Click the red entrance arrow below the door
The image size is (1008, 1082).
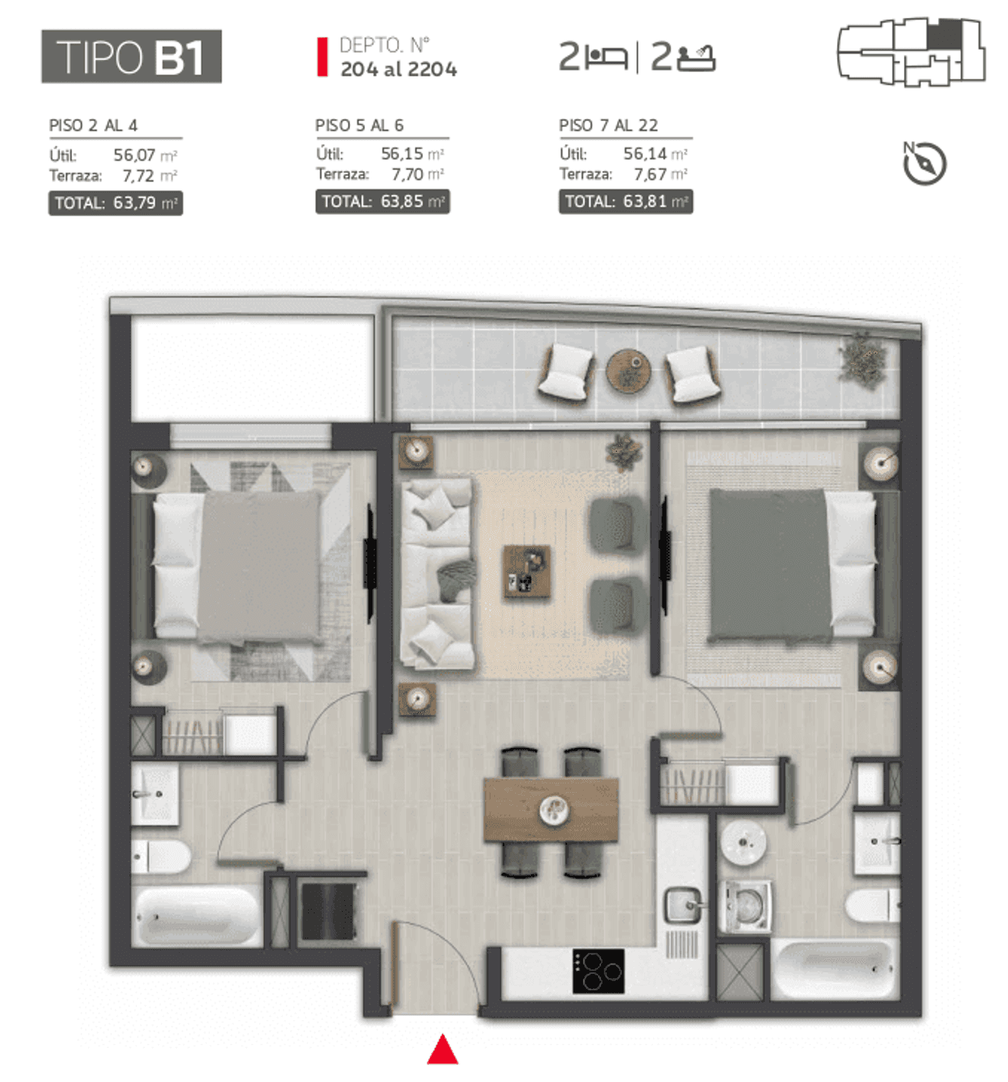pos(442,1049)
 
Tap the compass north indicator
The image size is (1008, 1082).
pos(923,162)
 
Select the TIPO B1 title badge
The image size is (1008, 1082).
pos(131,56)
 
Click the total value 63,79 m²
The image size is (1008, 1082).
pos(145,203)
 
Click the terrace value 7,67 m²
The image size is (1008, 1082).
pos(659,175)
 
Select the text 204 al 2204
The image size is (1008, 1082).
pos(398,69)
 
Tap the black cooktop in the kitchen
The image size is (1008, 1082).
pos(598,970)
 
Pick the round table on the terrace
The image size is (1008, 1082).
pos(628,370)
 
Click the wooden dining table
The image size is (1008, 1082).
pos(551,809)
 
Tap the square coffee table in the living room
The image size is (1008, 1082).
pos(526,571)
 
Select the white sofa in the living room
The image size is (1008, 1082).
pos(436,573)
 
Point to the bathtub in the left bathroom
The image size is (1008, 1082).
pos(197,915)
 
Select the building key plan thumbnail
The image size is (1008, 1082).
pos(911,52)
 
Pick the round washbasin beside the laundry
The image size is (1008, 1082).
pos(742,843)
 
